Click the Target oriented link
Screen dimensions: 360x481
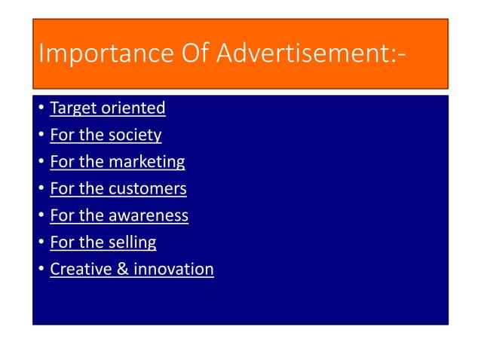click(x=107, y=108)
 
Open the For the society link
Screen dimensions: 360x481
click(x=106, y=136)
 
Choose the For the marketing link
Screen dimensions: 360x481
click(x=117, y=162)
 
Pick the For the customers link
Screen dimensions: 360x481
click(x=118, y=189)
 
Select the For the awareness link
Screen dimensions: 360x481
click(x=119, y=216)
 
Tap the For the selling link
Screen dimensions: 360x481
click(x=103, y=243)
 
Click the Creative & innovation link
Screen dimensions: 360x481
click(x=132, y=270)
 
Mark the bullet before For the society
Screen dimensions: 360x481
click(x=41, y=136)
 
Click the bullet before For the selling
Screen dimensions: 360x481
click(x=41, y=243)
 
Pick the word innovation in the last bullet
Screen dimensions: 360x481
click(x=173, y=270)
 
